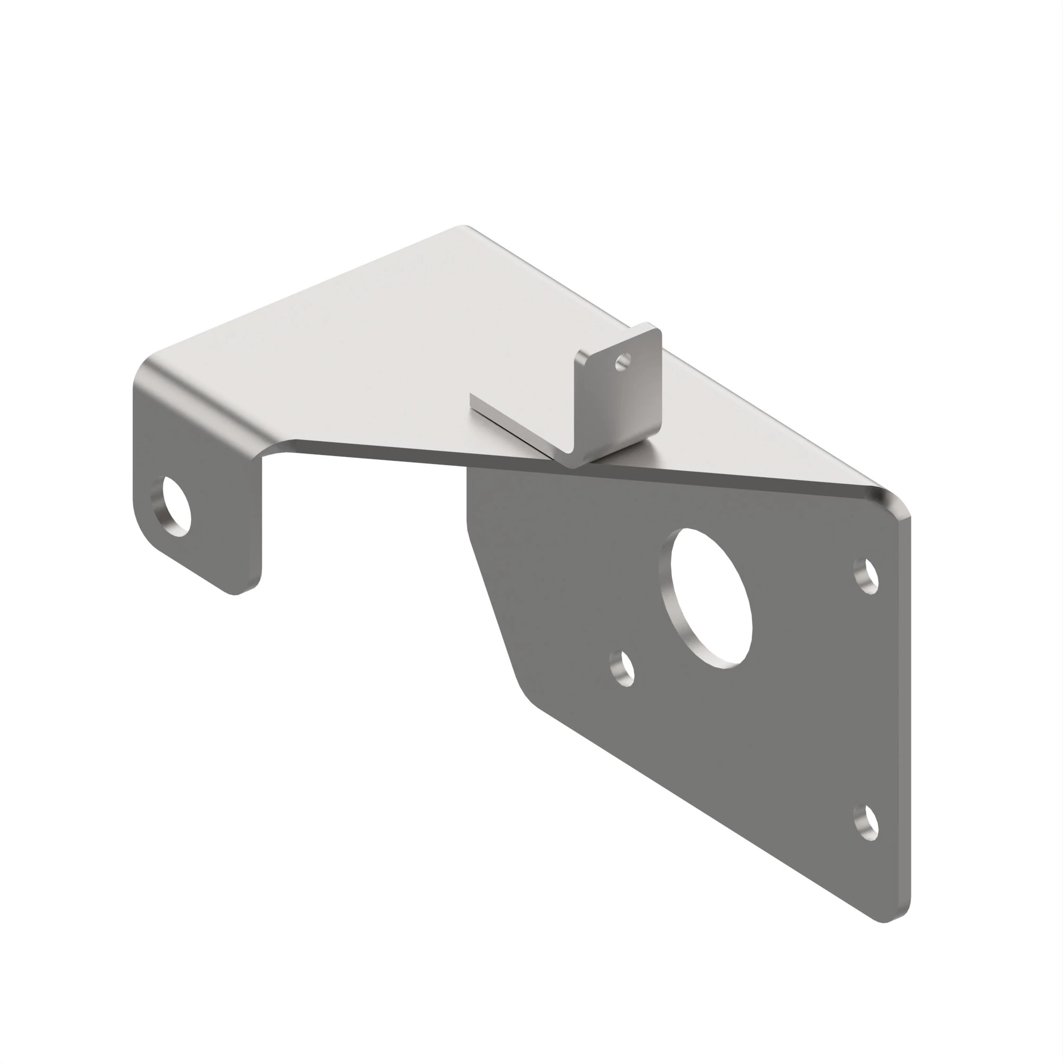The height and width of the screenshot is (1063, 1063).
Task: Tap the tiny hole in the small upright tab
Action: [623, 362]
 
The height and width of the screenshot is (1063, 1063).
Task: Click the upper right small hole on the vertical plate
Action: [866, 576]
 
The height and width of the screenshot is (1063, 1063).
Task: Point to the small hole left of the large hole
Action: [622, 669]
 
